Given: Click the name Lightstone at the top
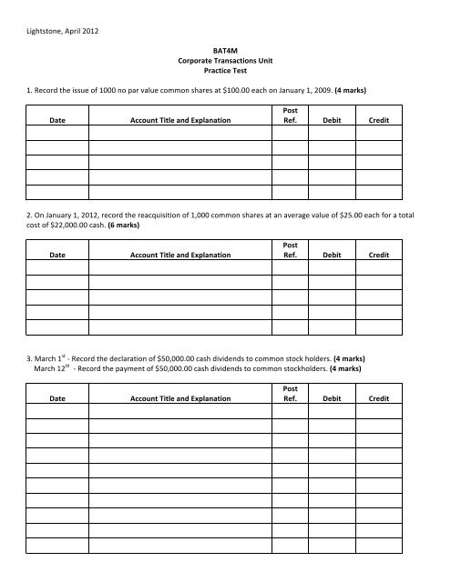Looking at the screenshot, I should coord(46,33).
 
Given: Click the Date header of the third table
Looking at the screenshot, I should coord(56,399).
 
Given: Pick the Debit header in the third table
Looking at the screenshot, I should coord(331,399).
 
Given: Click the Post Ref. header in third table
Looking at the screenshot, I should coord(289,394).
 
